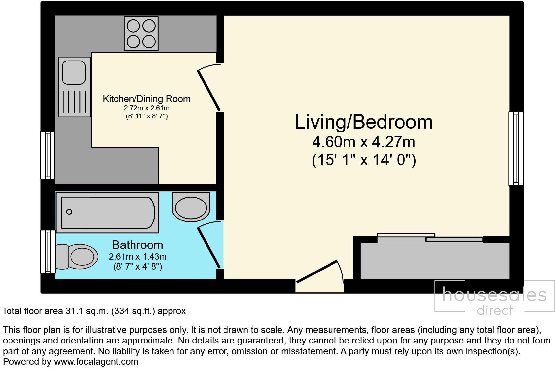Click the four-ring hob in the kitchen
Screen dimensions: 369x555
(x=141, y=34)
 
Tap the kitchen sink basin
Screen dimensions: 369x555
(x=74, y=72)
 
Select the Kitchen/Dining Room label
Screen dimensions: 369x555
(x=147, y=99)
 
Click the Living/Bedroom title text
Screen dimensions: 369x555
(x=364, y=122)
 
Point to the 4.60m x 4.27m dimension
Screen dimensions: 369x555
(x=364, y=142)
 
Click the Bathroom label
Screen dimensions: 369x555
(x=137, y=245)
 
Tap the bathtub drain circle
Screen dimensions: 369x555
(x=69, y=212)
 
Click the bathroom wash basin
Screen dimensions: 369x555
(x=191, y=207)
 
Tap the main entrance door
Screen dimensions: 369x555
(x=317, y=271)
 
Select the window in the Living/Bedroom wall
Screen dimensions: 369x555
(x=516, y=149)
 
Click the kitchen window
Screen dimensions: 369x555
(x=47, y=155)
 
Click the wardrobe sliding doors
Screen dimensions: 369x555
(x=430, y=237)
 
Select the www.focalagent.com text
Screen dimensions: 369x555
(x=96, y=362)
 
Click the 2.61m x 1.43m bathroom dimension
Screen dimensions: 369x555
(x=137, y=256)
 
